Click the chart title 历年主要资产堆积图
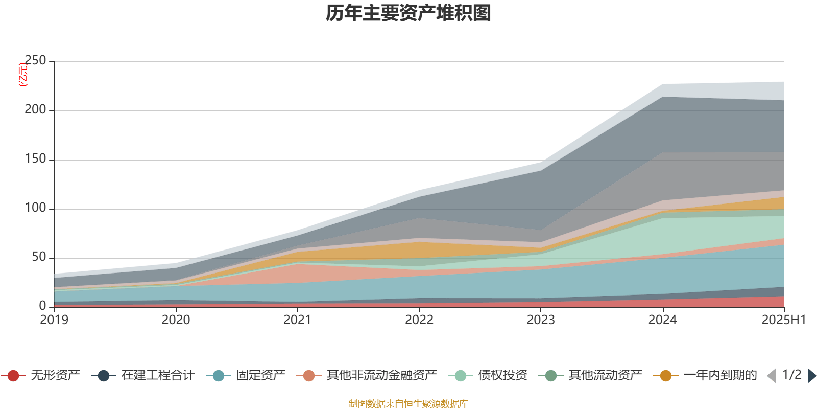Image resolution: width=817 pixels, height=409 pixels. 408,13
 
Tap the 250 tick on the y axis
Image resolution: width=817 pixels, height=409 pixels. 36,61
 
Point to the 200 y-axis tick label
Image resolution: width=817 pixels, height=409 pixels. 36,110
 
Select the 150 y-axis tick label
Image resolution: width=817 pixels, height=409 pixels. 36,159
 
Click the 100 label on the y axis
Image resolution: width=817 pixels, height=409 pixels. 36,208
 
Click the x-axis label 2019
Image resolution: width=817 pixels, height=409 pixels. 55,320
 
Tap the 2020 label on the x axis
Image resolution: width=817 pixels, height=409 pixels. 176,320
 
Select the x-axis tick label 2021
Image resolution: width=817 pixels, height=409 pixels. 298,320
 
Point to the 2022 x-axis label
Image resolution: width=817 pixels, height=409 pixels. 419,320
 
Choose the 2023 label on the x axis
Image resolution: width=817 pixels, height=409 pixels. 541,320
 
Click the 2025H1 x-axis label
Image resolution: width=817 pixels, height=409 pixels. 783,320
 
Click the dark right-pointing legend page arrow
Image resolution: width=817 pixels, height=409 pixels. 811,376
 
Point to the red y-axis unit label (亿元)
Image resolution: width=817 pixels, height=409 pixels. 23,75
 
